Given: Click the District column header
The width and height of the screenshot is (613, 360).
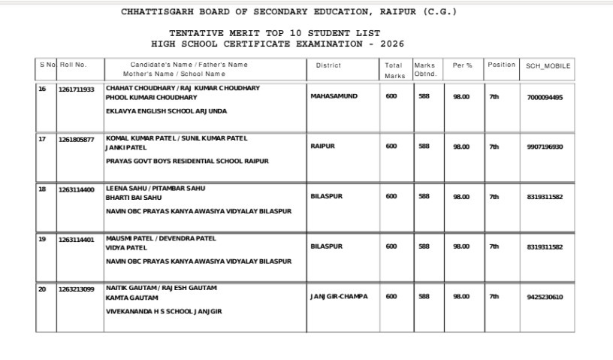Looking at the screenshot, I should pyautogui.click(x=328, y=65).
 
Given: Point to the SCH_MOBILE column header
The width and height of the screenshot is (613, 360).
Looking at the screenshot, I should pyautogui.click(x=548, y=66).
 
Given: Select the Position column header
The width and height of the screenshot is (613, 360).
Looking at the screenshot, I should pyautogui.click(x=501, y=65).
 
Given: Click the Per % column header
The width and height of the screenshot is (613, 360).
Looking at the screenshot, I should pyautogui.click(x=462, y=65).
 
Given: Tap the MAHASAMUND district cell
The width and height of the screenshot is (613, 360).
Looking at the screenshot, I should pyautogui.click(x=334, y=97).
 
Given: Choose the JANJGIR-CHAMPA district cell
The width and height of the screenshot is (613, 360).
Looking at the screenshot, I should pyautogui.click(x=339, y=297).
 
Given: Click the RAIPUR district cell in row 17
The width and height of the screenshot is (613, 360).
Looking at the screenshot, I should pyautogui.click(x=324, y=147).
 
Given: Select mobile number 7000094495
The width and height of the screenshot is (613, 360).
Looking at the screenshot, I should pyautogui.click(x=545, y=97).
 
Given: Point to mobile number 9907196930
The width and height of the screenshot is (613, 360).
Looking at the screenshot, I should pyautogui.click(x=545, y=147).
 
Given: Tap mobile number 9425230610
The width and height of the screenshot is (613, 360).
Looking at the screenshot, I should pyautogui.click(x=545, y=297).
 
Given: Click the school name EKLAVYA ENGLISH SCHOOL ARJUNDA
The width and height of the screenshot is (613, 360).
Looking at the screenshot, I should pyautogui.click(x=166, y=111).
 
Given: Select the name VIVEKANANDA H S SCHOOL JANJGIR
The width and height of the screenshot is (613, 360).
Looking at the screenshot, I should pyautogui.click(x=164, y=311).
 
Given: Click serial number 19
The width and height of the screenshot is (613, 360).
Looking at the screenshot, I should pyautogui.click(x=42, y=239).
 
